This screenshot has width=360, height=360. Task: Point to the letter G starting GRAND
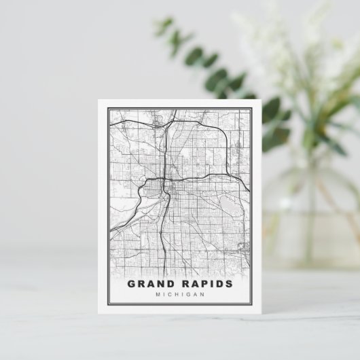131,284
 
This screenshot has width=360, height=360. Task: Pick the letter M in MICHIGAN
158,295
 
